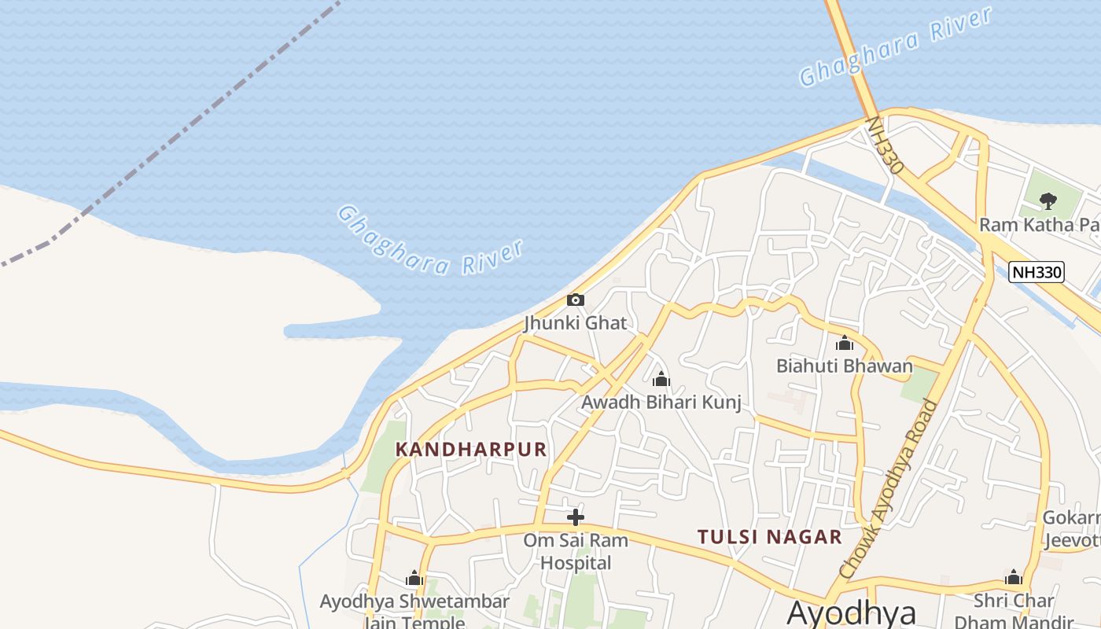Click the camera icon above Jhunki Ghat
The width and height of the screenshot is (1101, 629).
576,300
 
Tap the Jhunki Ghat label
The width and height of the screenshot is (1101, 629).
576,322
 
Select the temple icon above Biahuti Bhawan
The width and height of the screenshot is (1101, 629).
845,344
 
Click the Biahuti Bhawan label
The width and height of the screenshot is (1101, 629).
845,366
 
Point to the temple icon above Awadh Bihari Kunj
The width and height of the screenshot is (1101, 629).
661,380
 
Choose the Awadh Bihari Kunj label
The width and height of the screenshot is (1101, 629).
661,403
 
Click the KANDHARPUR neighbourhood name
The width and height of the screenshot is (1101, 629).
470,449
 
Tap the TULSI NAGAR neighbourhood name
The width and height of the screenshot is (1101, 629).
769,537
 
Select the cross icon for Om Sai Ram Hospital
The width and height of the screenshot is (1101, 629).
576,517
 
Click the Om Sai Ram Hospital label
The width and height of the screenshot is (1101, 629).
576,551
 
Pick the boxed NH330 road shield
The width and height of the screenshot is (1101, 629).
1037,272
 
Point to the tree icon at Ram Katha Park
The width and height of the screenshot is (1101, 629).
1048,201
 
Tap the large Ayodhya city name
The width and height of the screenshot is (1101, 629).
851,612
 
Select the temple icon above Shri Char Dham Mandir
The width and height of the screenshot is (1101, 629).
1013,578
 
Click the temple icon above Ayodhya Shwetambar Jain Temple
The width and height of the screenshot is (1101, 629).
414,579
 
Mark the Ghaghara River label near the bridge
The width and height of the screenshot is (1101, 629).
895,46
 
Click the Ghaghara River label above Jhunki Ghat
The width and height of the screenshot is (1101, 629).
430,241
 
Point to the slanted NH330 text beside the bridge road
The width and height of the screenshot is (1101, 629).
885,146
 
